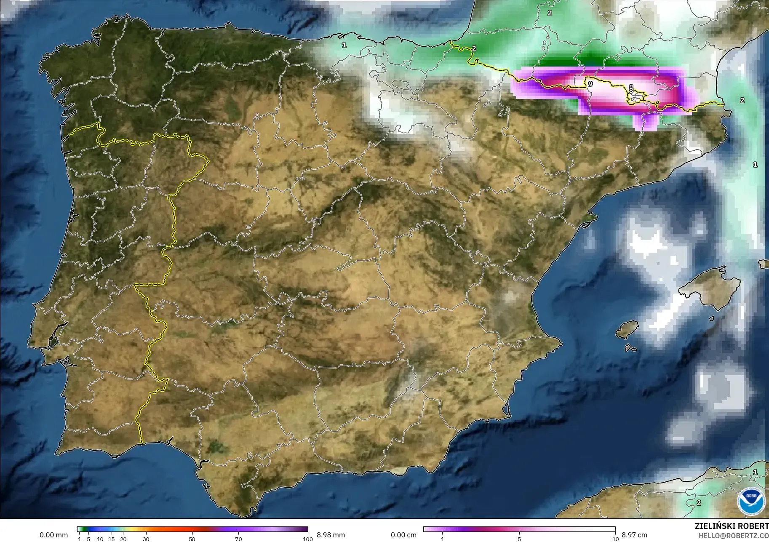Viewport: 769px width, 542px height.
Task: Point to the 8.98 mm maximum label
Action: point(331,535)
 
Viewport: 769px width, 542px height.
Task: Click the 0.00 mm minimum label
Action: point(53,535)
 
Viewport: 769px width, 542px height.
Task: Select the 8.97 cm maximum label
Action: point(634,535)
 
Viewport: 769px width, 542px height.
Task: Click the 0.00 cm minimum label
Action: point(403,535)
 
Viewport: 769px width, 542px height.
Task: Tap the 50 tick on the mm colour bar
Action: point(192,539)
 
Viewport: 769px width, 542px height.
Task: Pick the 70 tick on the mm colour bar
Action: point(238,539)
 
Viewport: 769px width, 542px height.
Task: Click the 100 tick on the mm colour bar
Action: point(308,539)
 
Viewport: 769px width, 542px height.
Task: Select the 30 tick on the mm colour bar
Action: point(146,539)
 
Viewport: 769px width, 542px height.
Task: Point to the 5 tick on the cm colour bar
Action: point(519,539)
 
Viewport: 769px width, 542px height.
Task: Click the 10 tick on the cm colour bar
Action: point(615,539)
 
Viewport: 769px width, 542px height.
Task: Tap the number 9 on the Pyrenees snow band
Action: point(590,84)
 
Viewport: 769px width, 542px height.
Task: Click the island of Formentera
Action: point(630,348)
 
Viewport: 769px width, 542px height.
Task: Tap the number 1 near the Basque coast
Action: point(344,45)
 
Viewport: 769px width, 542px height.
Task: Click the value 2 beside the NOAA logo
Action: point(699,502)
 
